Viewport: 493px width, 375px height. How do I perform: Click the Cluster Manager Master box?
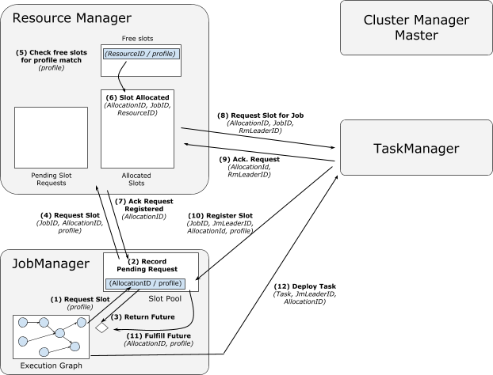pyautogui.click(x=416, y=28)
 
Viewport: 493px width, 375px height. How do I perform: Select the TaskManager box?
pyautogui.click(x=416, y=147)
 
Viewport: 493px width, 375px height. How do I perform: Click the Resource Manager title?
pyautogui.click(x=71, y=18)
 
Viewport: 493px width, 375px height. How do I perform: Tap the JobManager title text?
pyautogui.click(x=51, y=263)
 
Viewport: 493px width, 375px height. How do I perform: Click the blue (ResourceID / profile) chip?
pyautogui.click(x=141, y=54)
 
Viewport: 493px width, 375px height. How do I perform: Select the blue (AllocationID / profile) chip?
pyautogui.click(x=145, y=283)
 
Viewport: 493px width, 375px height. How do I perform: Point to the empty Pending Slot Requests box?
pyautogui.click(x=51, y=138)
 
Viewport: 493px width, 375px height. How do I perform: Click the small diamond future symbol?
pyautogui.click(x=102, y=328)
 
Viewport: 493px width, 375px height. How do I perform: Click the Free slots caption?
pyautogui.click(x=137, y=39)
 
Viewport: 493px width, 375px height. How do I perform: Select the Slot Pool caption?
pyautogui.click(x=165, y=299)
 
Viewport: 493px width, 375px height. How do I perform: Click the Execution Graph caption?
pyautogui.click(x=51, y=366)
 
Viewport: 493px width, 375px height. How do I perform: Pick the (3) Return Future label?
pyautogui.click(x=143, y=317)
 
